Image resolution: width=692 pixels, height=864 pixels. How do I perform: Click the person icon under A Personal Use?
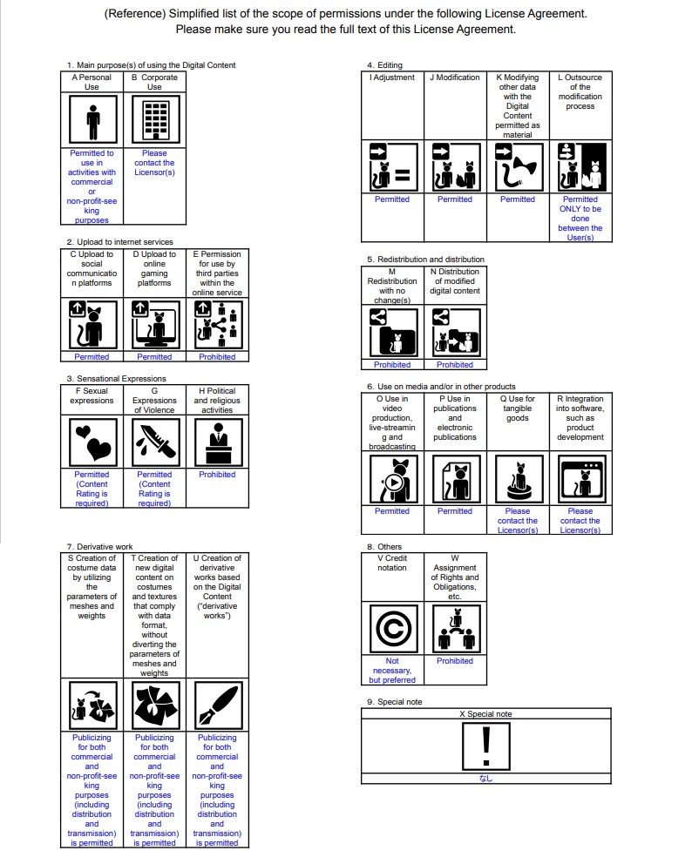tap(92, 120)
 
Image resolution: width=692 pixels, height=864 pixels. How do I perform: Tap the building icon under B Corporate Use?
tap(154, 120)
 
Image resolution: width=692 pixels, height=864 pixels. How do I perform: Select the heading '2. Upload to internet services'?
tap(119, 242)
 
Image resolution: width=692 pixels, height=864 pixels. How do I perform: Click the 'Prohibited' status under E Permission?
tap(217, 357)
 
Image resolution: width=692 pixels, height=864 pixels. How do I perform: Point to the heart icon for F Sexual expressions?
tap(92, 442)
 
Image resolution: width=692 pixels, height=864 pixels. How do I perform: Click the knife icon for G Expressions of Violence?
tap(154, 442)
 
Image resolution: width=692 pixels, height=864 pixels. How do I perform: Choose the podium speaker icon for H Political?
tap(217, 442)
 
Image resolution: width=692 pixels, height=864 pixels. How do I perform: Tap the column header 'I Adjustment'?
tap(392, 78)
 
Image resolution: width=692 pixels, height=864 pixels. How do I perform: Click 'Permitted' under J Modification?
tap(455, 199)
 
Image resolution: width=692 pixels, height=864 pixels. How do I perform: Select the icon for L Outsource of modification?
tap(580, 166)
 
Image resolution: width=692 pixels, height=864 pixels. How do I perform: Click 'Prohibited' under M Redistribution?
tap(392, 365)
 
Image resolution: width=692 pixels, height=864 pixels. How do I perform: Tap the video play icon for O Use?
tap(392, 479)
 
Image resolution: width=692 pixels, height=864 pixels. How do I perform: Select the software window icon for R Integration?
tap(580, 479)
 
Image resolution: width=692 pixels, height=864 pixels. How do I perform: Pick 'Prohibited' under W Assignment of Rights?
tap(455, 661)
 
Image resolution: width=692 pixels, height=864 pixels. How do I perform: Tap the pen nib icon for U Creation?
tap(217, 705)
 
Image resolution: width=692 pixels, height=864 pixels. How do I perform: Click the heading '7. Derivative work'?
tap(100, 547)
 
